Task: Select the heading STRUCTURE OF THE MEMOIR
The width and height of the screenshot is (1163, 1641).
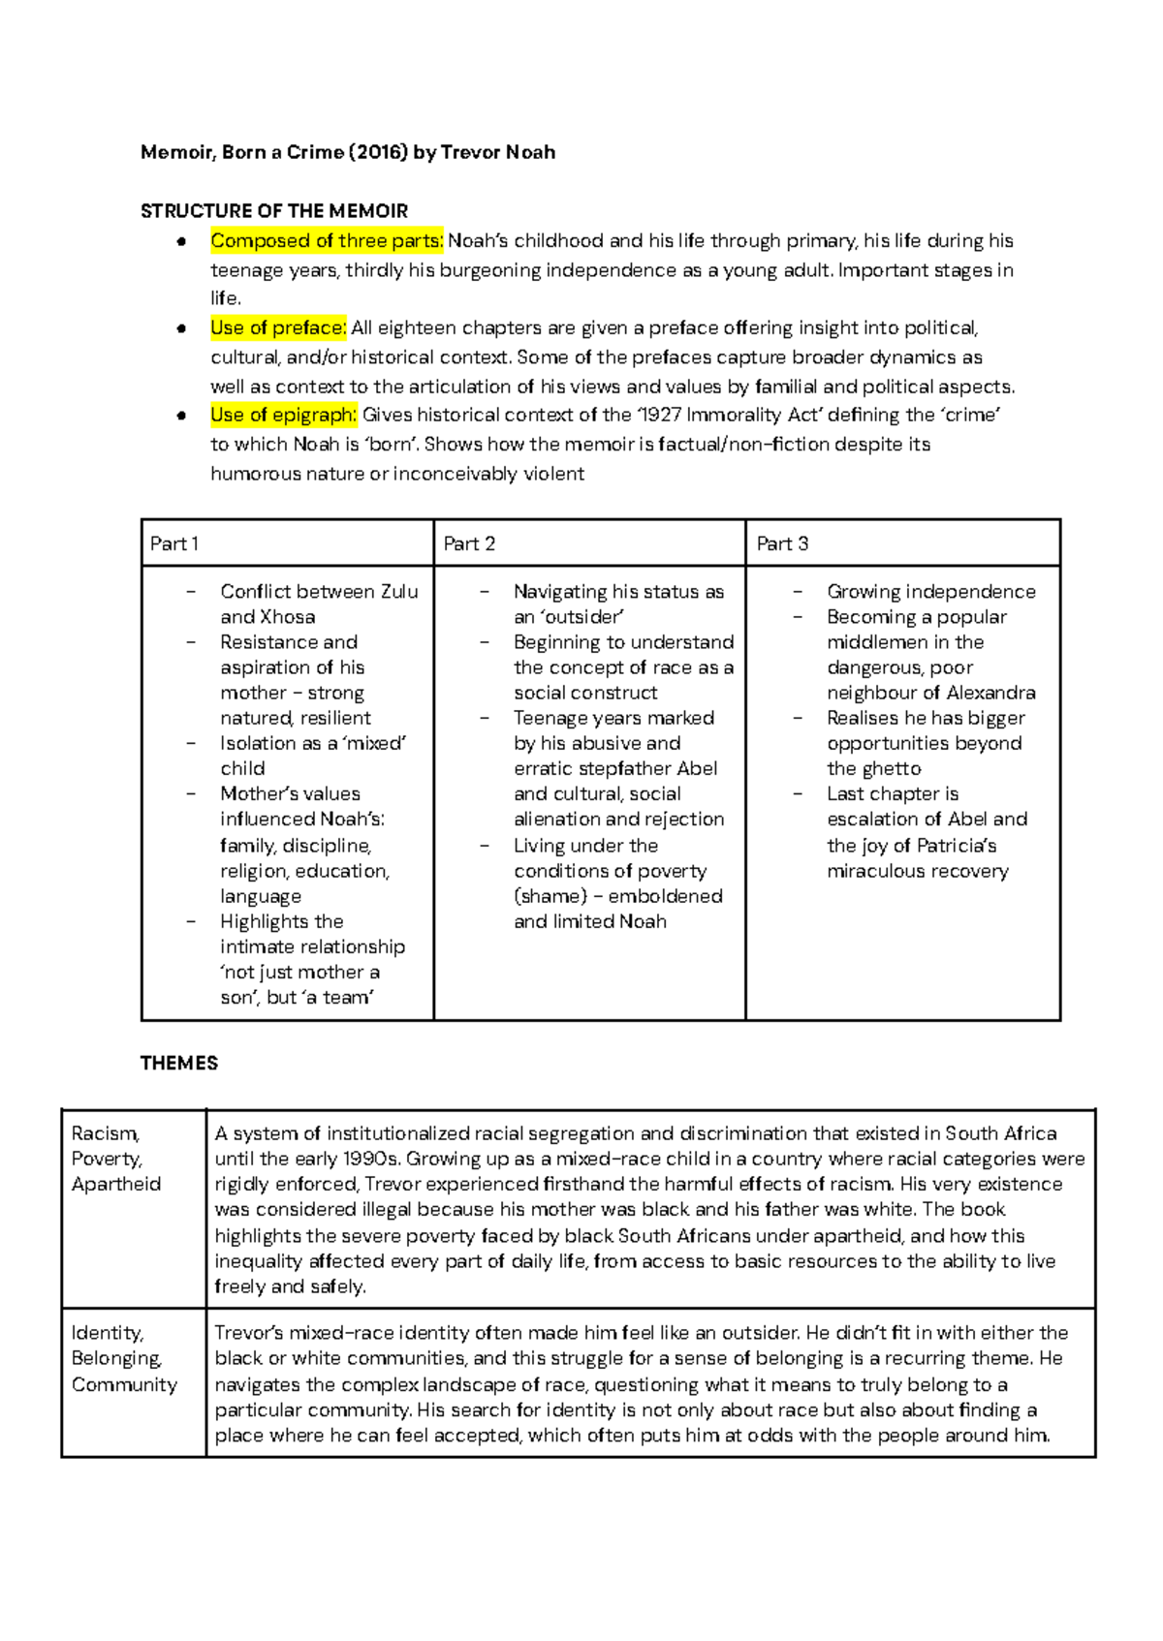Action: [273, 211]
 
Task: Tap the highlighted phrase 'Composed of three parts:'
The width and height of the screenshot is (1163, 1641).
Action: [326, 240]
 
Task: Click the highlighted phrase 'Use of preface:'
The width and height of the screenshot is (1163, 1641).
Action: [277, 327]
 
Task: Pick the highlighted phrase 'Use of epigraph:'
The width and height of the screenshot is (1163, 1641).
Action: [283, 415]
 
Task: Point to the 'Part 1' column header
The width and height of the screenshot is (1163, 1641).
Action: [173, 543]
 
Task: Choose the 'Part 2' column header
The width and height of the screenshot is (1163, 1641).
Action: [469, 543]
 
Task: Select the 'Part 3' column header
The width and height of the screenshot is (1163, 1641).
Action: [782, 543]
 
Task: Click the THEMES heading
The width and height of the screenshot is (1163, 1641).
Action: [179, 1063]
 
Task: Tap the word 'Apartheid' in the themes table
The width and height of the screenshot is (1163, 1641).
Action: [116, 1184]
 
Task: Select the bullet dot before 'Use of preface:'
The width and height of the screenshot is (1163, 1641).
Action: [181, 328]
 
